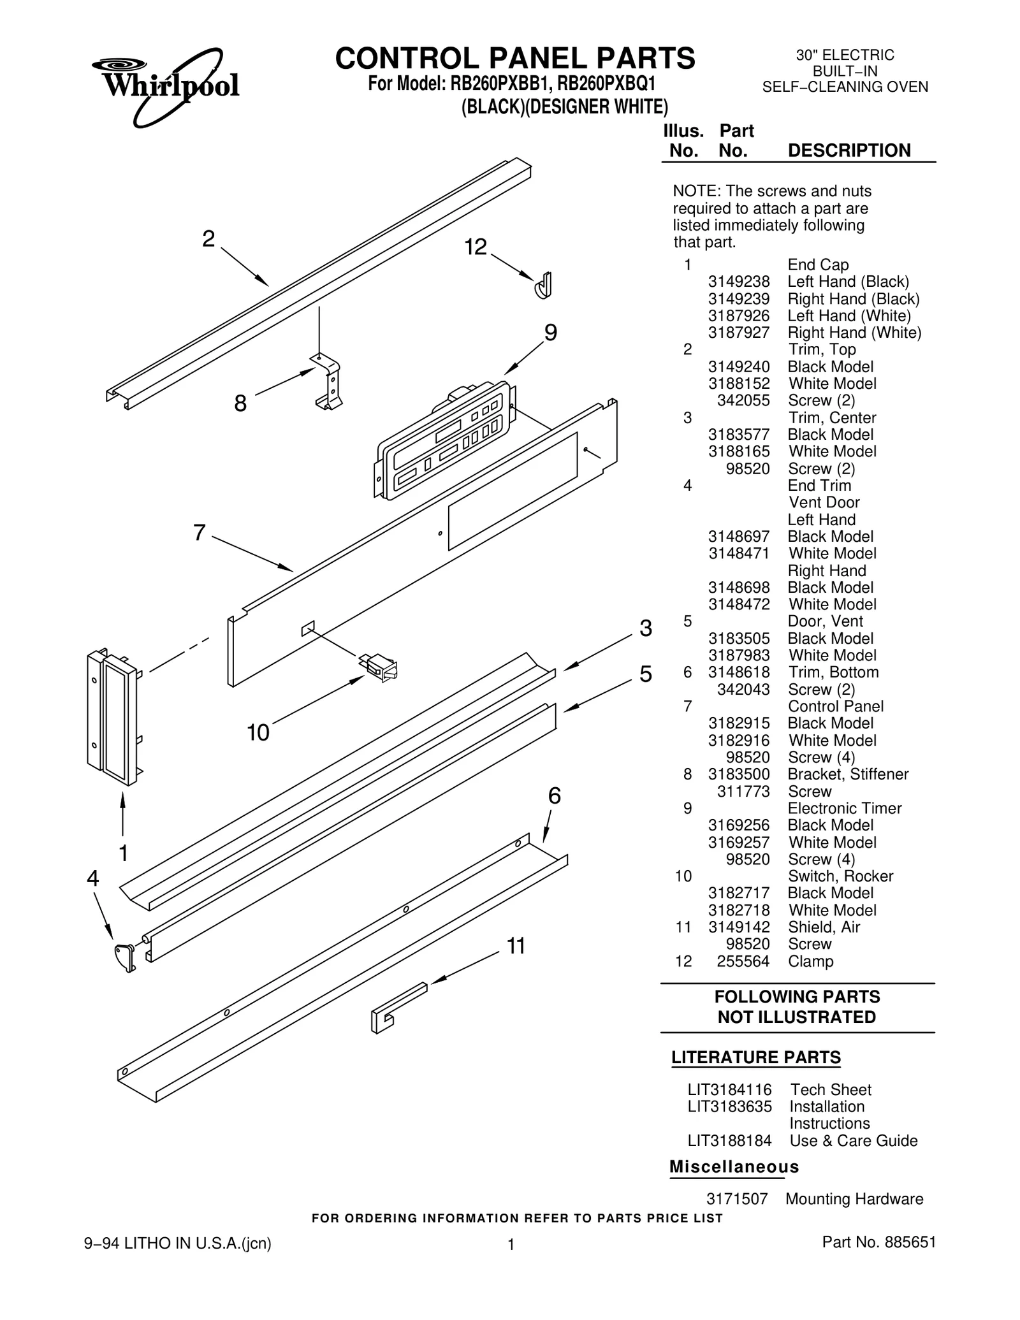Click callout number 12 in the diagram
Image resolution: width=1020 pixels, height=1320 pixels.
coord(476,247)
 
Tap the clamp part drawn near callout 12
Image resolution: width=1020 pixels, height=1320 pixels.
coord(543,285)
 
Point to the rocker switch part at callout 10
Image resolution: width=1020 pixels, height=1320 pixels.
coord(381,667)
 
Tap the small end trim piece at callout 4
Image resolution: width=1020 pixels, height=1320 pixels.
coord(125,956)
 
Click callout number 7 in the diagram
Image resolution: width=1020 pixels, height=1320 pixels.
coord(200,532)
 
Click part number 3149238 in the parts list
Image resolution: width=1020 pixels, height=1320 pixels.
coord(739,282)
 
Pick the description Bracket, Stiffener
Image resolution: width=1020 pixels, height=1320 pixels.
coord(848,774)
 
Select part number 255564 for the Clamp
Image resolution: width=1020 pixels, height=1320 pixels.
coord(743,961)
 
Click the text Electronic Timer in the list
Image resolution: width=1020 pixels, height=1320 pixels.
coord(845,808)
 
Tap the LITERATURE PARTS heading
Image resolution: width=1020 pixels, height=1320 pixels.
coord(756,1057)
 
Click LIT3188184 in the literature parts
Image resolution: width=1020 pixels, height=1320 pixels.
coord(729,1141)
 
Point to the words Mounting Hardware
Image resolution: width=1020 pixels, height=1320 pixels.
coord(854,1199)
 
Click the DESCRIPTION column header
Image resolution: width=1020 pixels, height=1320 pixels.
coord(849,150)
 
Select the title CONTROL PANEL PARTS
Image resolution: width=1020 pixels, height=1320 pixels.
coord(515,59)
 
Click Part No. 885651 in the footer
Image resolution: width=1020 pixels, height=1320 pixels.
coord(878,1242)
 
